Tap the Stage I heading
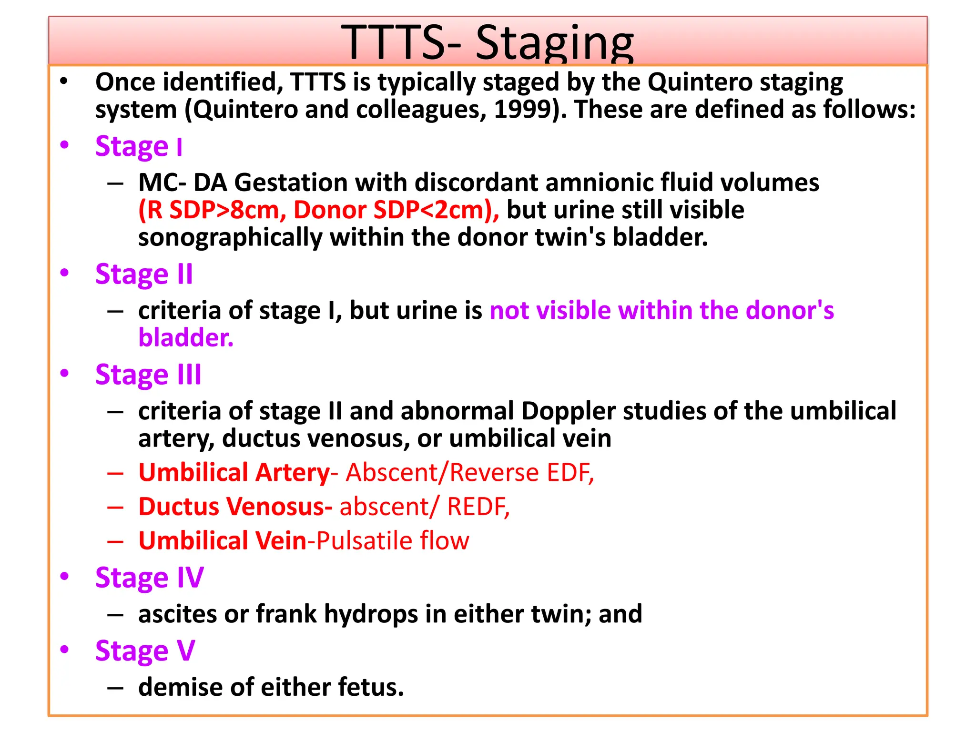point(139,146)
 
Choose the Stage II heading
point(144,274)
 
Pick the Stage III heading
point(148,375)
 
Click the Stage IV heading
point(149,578)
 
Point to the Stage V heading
point(145,651)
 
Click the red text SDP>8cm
point(224,210)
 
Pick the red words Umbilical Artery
point(234,473)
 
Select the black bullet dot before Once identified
point(64,81)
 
